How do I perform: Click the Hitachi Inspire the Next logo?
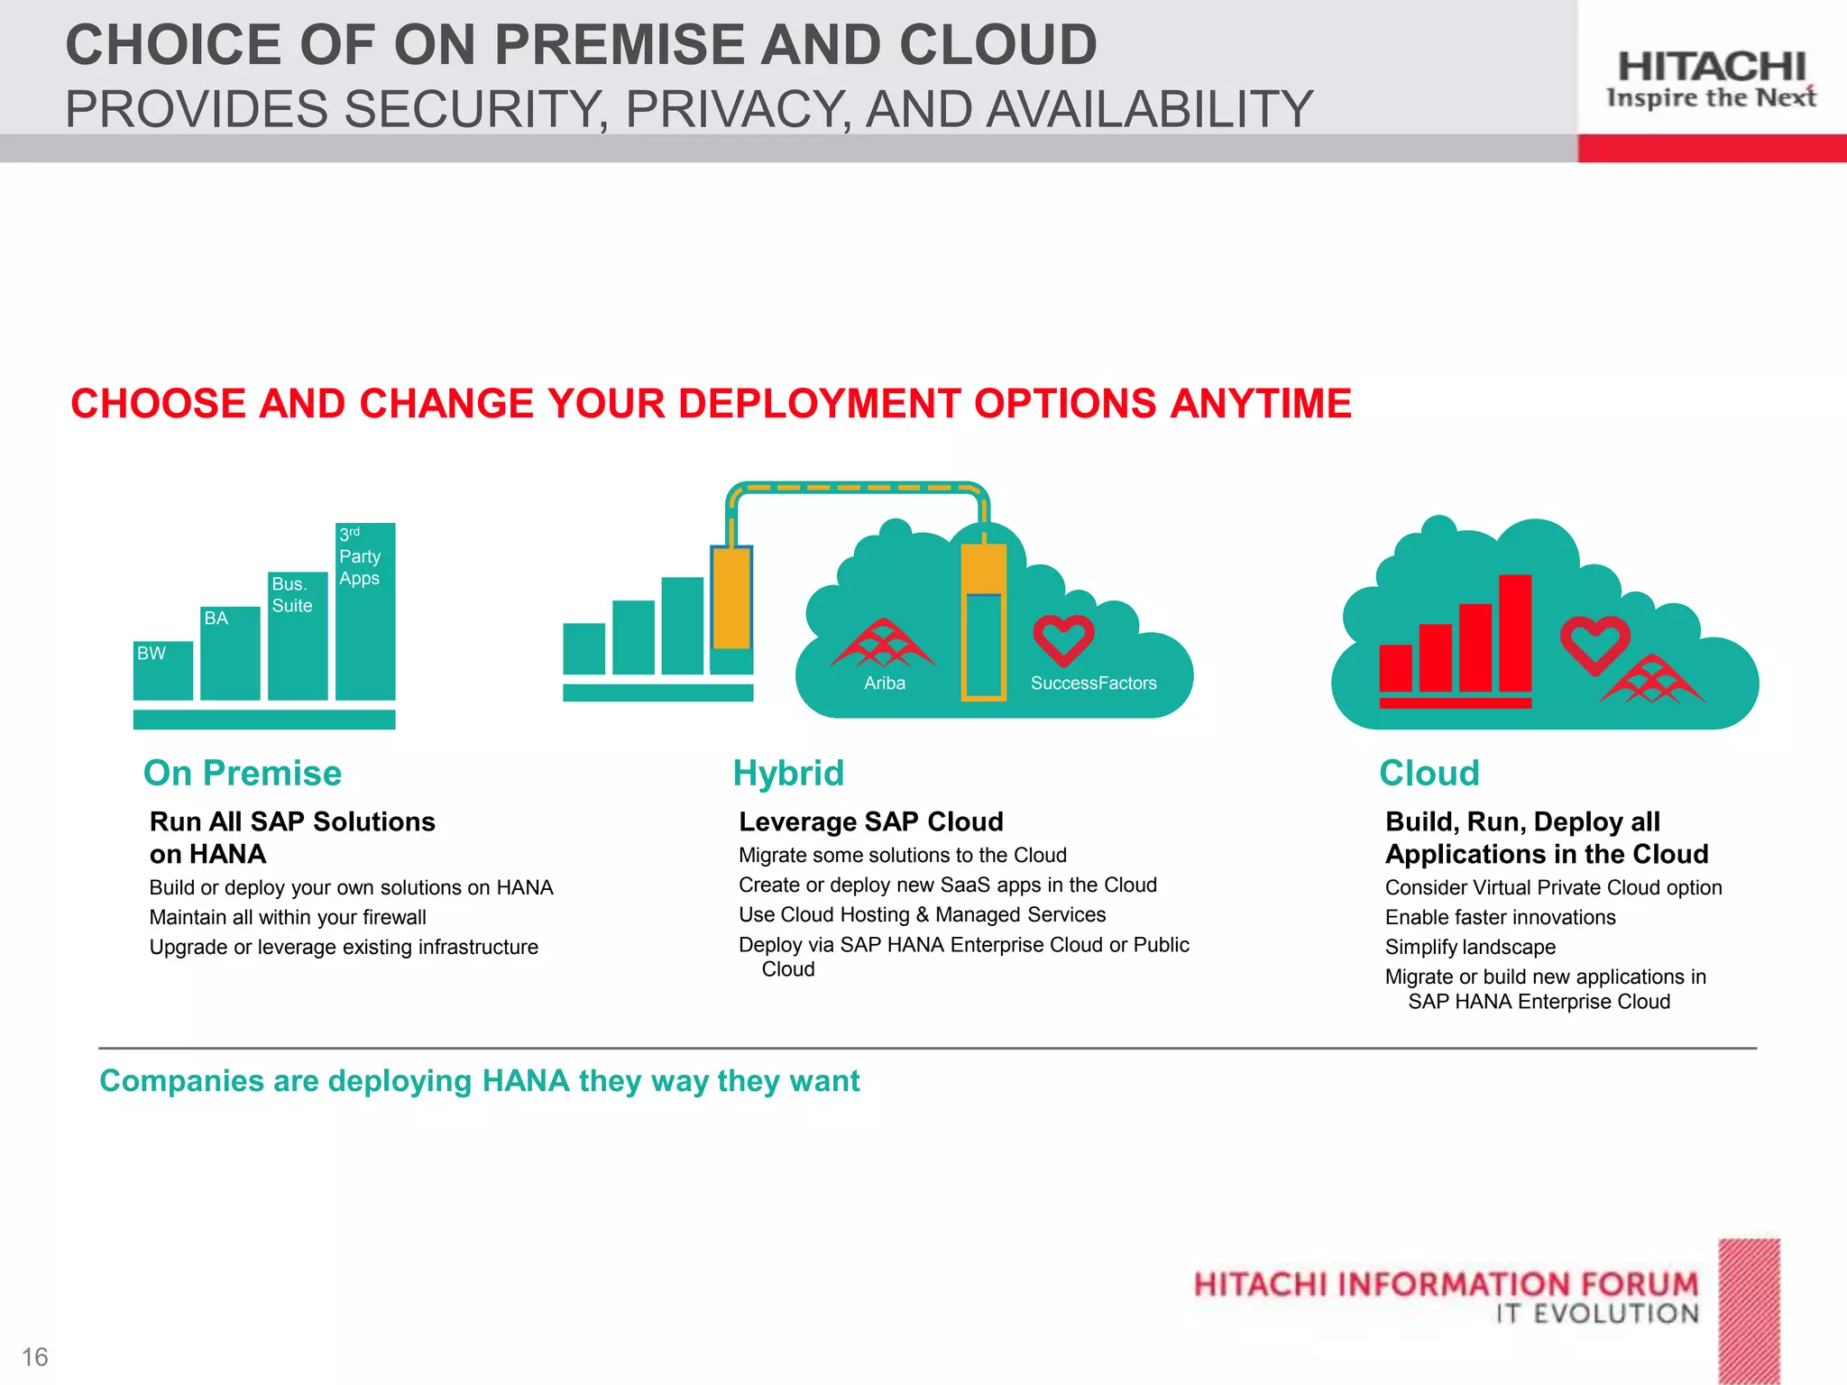coord(1711,79)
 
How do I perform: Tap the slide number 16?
coord(34,1356)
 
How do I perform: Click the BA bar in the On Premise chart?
coord(230,653)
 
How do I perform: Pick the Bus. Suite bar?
coord(297,636)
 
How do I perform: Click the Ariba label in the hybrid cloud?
coord(884,683)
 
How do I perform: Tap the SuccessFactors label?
coord(1093,683)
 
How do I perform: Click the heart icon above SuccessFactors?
coord(1063,639)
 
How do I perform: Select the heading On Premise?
coord(243,773)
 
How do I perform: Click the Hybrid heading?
coord(788,773)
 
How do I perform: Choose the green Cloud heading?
coord(1429,773)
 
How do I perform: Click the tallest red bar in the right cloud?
coord(1515,633)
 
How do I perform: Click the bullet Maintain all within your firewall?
coord(288,917)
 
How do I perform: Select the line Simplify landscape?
coord(1470,947)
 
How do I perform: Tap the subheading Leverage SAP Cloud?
coord(870,821)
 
